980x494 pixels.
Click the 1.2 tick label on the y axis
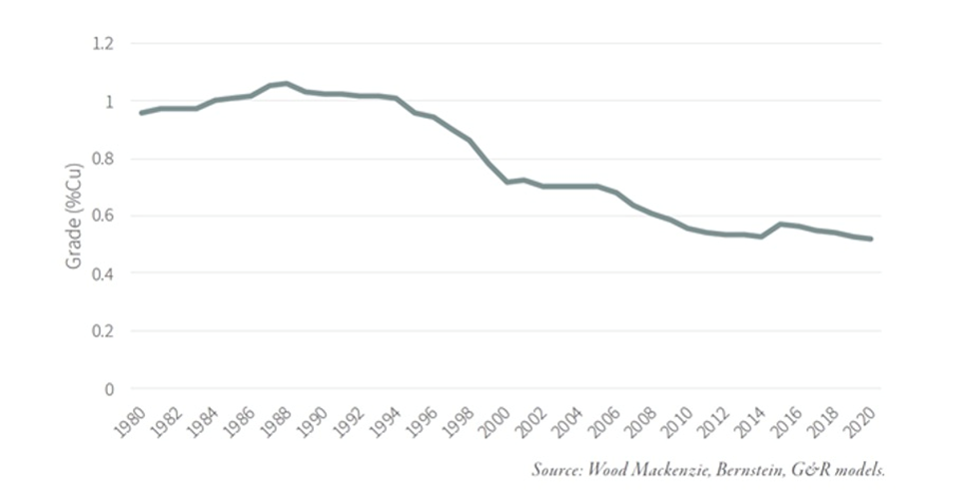coord(103,44)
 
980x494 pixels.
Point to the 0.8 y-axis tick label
coord(103,159)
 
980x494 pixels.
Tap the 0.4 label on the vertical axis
coord(103,273)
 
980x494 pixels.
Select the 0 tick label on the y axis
coord(110,388)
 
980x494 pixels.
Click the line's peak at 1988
coord(287,83)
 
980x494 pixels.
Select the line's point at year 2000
coord(506,182)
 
